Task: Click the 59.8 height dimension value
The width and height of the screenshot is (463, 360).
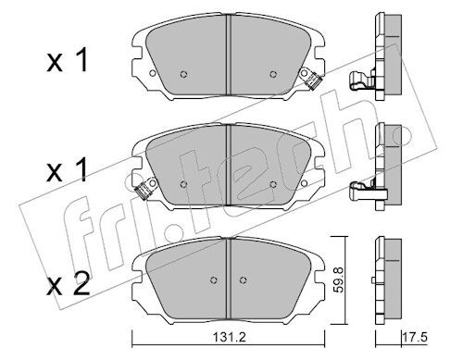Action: coord(338,279)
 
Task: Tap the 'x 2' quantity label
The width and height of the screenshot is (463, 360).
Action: coord(68,284)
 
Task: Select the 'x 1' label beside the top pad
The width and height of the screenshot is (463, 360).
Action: coord(68,61)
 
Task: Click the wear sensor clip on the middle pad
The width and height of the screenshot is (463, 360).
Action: coord(146,189)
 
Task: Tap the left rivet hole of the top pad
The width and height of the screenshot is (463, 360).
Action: coord(183,74)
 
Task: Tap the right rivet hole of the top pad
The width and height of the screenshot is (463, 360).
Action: coord(273,74)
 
